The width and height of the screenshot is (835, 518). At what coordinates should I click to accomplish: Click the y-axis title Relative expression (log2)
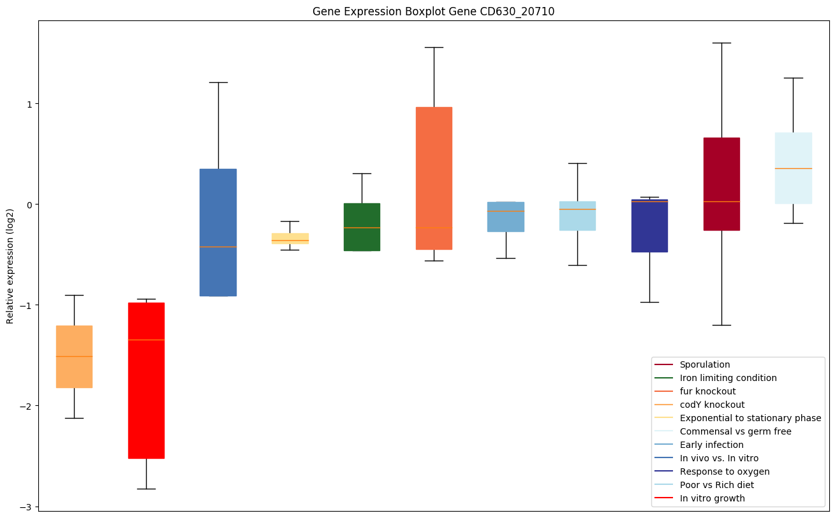10,266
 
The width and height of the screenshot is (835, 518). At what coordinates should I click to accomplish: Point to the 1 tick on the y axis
28,103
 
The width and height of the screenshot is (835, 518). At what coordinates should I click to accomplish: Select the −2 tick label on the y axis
26,406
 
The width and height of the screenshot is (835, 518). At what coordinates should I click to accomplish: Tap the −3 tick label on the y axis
26,507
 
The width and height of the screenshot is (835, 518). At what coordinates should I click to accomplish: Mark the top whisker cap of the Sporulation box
721,43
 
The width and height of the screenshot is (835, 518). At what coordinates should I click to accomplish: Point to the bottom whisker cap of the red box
146,489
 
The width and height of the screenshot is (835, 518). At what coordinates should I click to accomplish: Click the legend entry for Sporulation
704,364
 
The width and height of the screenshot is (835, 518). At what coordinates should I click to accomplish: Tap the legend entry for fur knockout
707,391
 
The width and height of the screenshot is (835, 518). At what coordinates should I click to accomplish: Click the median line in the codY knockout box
74,356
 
